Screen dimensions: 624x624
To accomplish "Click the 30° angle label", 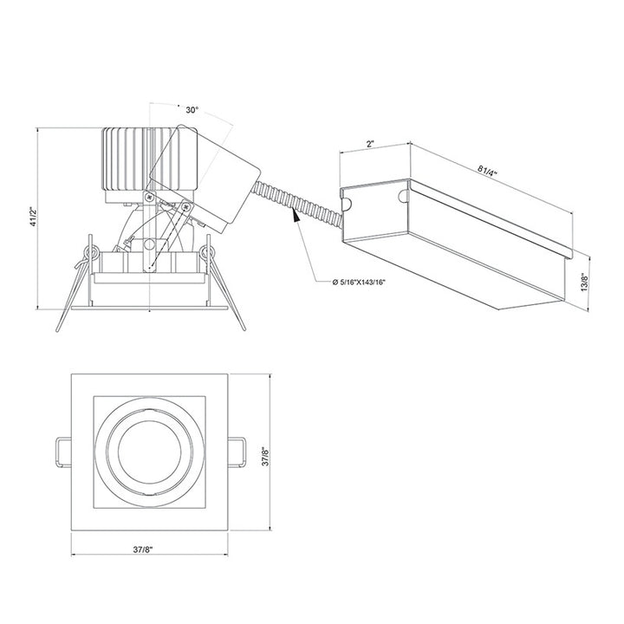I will [x=192, y=110].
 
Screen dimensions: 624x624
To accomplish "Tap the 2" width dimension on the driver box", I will [x=370, y=145].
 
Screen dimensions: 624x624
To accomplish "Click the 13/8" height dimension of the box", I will [x=586, y=283].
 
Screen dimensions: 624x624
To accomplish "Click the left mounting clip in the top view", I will [x=61, y=452].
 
